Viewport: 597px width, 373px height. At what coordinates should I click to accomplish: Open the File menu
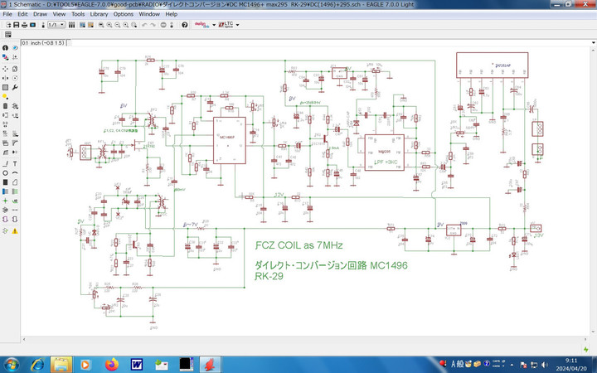7,14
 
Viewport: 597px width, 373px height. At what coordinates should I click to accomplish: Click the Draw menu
40,14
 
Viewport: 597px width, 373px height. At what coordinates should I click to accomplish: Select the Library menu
99,14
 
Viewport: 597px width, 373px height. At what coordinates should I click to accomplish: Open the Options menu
124,14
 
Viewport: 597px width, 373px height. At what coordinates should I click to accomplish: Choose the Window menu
150,14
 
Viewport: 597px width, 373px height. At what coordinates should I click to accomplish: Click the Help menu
172,14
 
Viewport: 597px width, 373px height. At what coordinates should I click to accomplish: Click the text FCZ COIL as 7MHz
298,246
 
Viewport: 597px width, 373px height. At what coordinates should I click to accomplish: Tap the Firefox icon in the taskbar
112,364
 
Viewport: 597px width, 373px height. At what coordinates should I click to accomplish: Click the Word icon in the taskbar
136,364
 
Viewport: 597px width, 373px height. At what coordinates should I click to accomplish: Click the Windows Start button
12,364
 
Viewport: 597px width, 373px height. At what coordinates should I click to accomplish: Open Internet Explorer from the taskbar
38,364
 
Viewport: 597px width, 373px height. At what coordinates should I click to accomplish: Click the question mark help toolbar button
184,25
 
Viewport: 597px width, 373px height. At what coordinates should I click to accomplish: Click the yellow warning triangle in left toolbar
15,231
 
